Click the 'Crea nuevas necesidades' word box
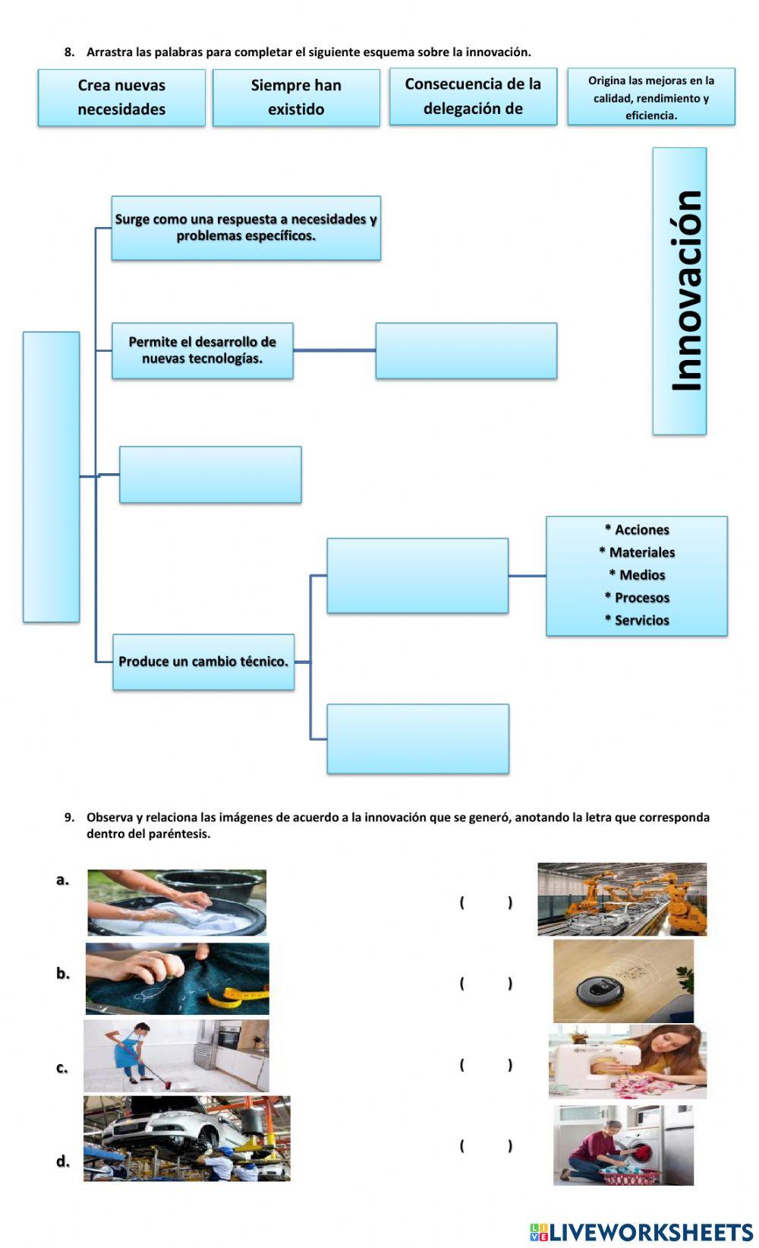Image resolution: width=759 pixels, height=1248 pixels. (121, 97)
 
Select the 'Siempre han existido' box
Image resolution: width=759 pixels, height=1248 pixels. (296, 97)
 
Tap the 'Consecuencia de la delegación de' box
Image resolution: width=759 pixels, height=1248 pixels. (473, 96)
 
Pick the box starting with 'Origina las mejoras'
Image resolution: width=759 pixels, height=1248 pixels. (651, 97)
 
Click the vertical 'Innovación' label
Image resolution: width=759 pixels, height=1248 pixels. (680, 291)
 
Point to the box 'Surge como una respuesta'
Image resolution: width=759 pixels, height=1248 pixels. (246, 228)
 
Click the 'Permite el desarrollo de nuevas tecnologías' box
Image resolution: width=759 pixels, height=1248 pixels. (203, 350)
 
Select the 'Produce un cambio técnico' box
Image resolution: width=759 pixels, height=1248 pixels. (203, 662)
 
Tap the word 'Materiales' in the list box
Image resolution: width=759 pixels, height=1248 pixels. (641, 552)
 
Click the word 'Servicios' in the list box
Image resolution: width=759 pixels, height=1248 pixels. (641, 620)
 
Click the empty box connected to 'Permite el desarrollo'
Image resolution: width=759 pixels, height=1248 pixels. (466, 350)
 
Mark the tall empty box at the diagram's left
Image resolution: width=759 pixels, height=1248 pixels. (51, 477)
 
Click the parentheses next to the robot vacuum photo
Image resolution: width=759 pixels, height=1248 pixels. (486, 983)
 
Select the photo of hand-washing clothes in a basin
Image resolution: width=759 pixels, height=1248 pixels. (177, 902)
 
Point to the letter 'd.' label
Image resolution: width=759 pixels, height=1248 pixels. (63, 1161)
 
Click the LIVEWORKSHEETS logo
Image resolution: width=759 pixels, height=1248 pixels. (641, 1231)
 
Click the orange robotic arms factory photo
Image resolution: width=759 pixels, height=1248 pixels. (622, 899)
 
